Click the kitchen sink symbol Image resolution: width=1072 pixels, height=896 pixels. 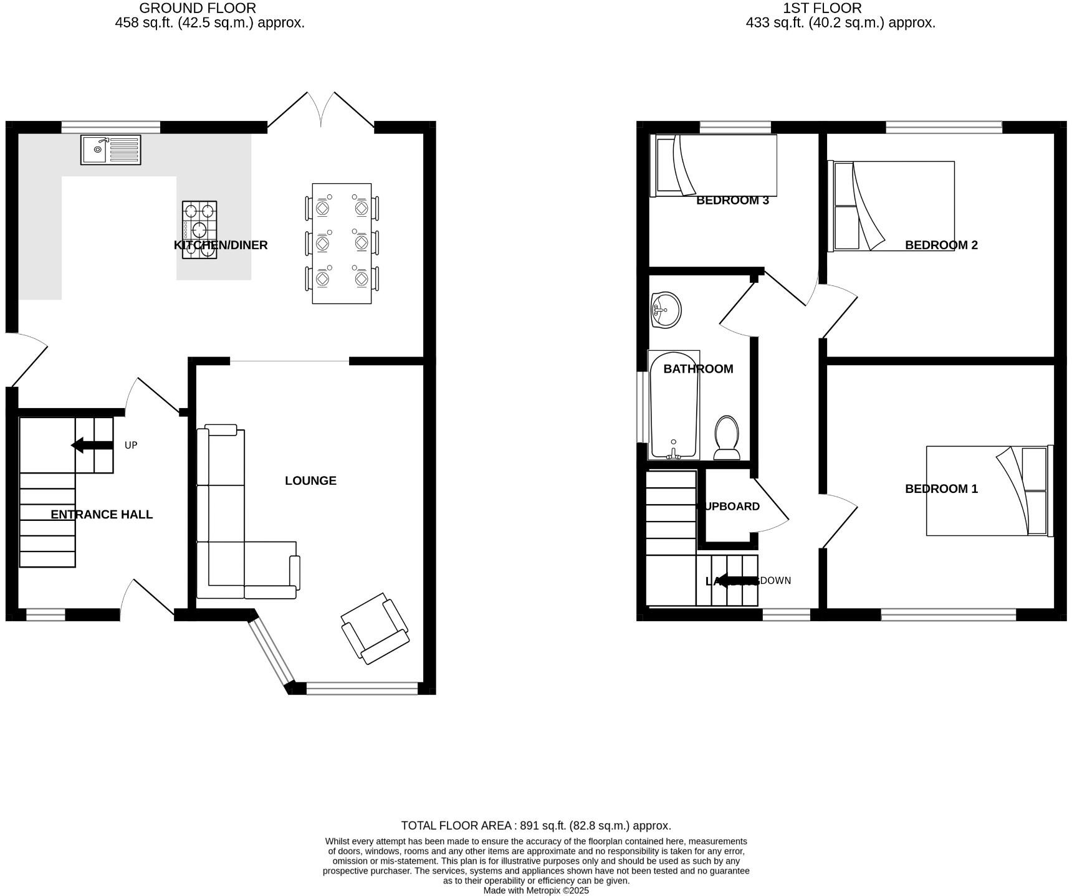click(x=110, y=150)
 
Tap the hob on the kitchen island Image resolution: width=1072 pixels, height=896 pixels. click(x=199, y=229)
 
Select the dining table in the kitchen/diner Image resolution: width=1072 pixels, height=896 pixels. click(x=342, y=243)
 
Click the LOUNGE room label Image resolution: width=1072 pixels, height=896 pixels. click(x=310, y=480)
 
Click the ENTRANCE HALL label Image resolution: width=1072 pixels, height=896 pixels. click(x=102, y=514)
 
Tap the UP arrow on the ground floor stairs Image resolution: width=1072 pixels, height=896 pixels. click(x=92, y=445)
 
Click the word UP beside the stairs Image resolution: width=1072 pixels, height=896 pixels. click(x=131, y=445)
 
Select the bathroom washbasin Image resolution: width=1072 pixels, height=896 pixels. click(x=666, y=309)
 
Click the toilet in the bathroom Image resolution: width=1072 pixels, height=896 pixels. click(x=727, y=437)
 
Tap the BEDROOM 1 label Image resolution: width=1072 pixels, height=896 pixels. click(x=941, y=489)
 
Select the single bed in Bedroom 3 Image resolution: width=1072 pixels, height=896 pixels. click(x=714, y=165)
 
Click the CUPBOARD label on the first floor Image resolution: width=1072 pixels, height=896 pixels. click(x=729, y=507)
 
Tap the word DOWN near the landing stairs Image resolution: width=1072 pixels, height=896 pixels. click(x=775, y=581)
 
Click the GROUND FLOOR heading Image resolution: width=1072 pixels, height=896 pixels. click(x=197, y=8)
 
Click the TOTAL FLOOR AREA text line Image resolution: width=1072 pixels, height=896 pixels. click(x=536, y=826)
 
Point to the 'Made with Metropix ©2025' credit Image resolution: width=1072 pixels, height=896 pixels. click(x=536, y=890)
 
